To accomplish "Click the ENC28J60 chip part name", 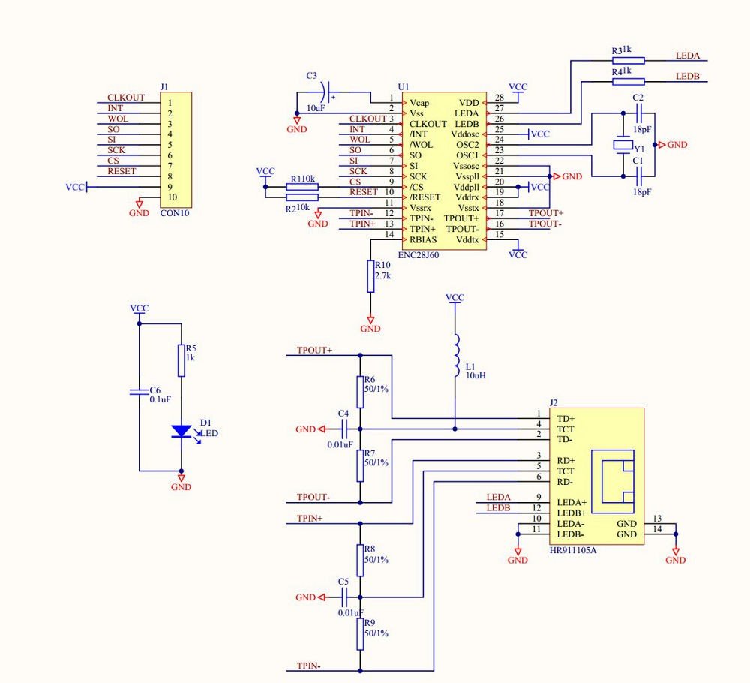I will click(418, 255).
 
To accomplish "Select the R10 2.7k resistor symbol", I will click(370, 276).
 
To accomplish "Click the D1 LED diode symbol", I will click(181, 432).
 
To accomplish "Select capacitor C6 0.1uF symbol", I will click(138, 391).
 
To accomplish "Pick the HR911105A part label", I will click(573, 550).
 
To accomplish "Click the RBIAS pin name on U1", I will click(423, 239).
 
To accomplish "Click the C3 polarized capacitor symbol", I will click(324, 93).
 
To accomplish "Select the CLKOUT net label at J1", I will click(125, 98).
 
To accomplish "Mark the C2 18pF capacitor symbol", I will click(638, 113).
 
